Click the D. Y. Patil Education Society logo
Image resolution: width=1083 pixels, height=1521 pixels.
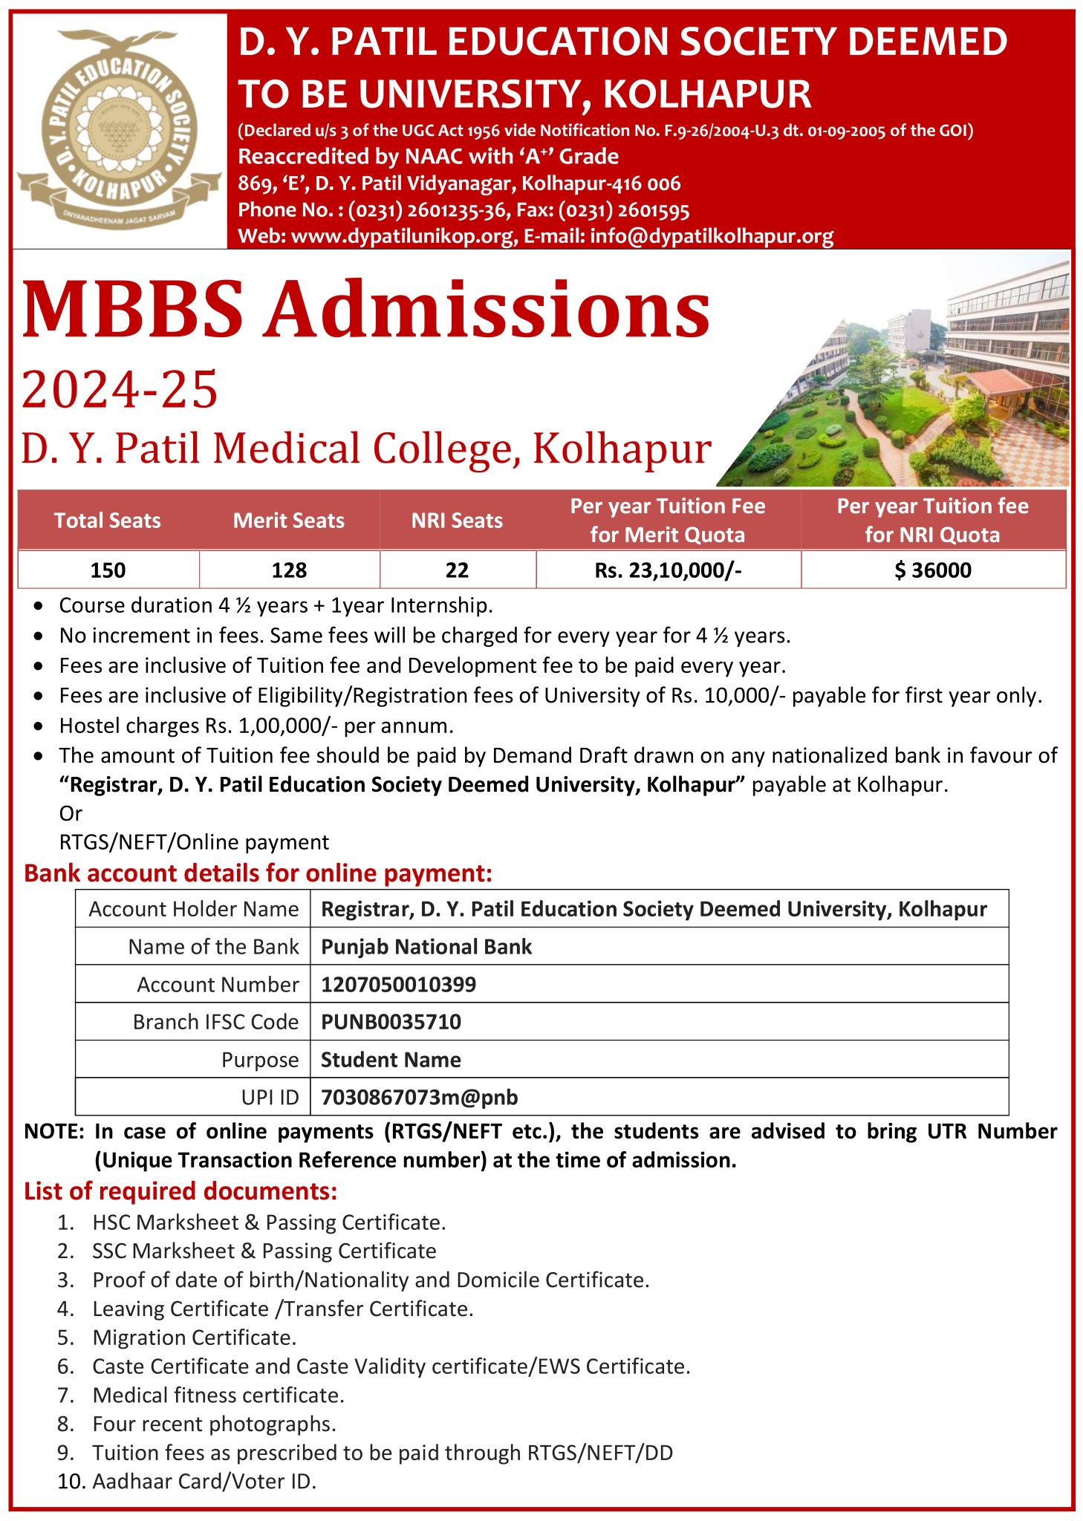coord(119,130)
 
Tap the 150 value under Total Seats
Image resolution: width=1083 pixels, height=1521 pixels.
coord(108,570)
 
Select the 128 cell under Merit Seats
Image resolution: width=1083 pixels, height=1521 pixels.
coord(289,570)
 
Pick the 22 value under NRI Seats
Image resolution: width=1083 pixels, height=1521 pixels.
coord(457,570)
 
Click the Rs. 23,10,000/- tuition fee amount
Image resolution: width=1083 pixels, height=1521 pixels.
coord(668,570)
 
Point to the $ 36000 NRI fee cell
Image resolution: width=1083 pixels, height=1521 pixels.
coord(933,570)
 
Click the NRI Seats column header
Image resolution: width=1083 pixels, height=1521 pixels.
coord(457,521)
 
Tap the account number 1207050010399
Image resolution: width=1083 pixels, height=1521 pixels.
coord(398,985)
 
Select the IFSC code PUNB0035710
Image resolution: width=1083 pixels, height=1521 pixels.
coord(391,1023)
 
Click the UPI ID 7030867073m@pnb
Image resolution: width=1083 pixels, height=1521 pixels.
coord(419,1098)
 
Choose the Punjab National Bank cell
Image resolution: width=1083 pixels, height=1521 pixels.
coord(426,947)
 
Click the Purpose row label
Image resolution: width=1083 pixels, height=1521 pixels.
coord(260,1061)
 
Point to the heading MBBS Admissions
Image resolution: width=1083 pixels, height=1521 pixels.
coord(366,310)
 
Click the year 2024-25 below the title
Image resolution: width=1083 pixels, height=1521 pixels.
coord(120,390)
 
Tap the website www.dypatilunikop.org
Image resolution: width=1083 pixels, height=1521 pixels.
coord(403,237)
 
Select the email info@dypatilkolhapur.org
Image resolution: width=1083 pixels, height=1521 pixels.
coord(712,237)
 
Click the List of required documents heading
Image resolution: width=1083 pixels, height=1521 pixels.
coord(180,1191)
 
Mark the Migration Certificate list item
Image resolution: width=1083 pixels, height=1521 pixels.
coord(194,1338)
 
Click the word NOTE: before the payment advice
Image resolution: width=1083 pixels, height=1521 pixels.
coord(54,1132)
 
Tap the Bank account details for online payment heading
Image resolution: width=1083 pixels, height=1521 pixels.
coord(258,873)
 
